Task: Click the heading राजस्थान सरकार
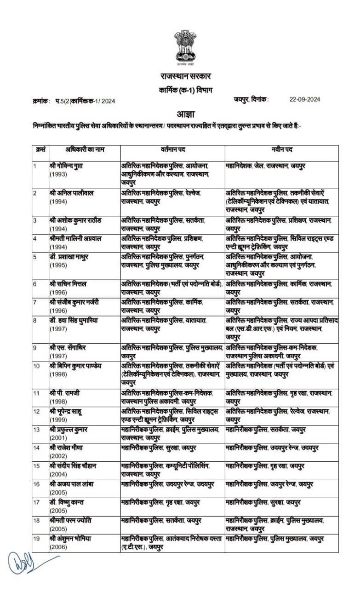(x=180, y=76)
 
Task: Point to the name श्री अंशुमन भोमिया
(x=74, y=538)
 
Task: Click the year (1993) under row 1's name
(x=58, y=174)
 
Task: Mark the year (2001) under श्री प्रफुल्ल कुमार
(x=58, y=437)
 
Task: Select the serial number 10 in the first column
(x=36, y=366)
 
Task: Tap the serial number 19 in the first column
(x=36, y=538)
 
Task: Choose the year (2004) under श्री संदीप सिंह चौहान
(x=58, y=473)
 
